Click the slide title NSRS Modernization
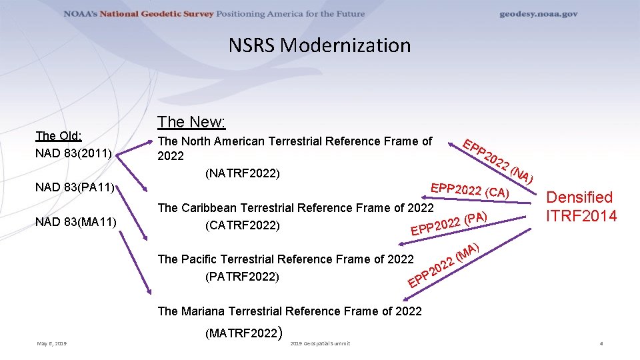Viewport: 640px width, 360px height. click(319, 45)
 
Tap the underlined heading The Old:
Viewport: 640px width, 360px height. click(59, 136)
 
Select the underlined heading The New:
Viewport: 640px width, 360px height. click(191, 122)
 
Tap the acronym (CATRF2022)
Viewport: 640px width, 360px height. click(243, 225)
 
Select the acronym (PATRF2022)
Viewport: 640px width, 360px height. click(242, 276)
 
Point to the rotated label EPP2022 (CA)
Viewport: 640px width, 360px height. click(471, 190)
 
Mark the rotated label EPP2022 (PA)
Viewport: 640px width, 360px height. click(451, 224)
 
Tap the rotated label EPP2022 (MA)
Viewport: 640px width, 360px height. click(443, 267)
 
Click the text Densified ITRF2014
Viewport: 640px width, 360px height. click(580, 207)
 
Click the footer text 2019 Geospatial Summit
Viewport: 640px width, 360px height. click(321, 343)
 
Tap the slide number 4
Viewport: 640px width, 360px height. click(601, 343)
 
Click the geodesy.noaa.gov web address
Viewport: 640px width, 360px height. click(539, 14)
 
